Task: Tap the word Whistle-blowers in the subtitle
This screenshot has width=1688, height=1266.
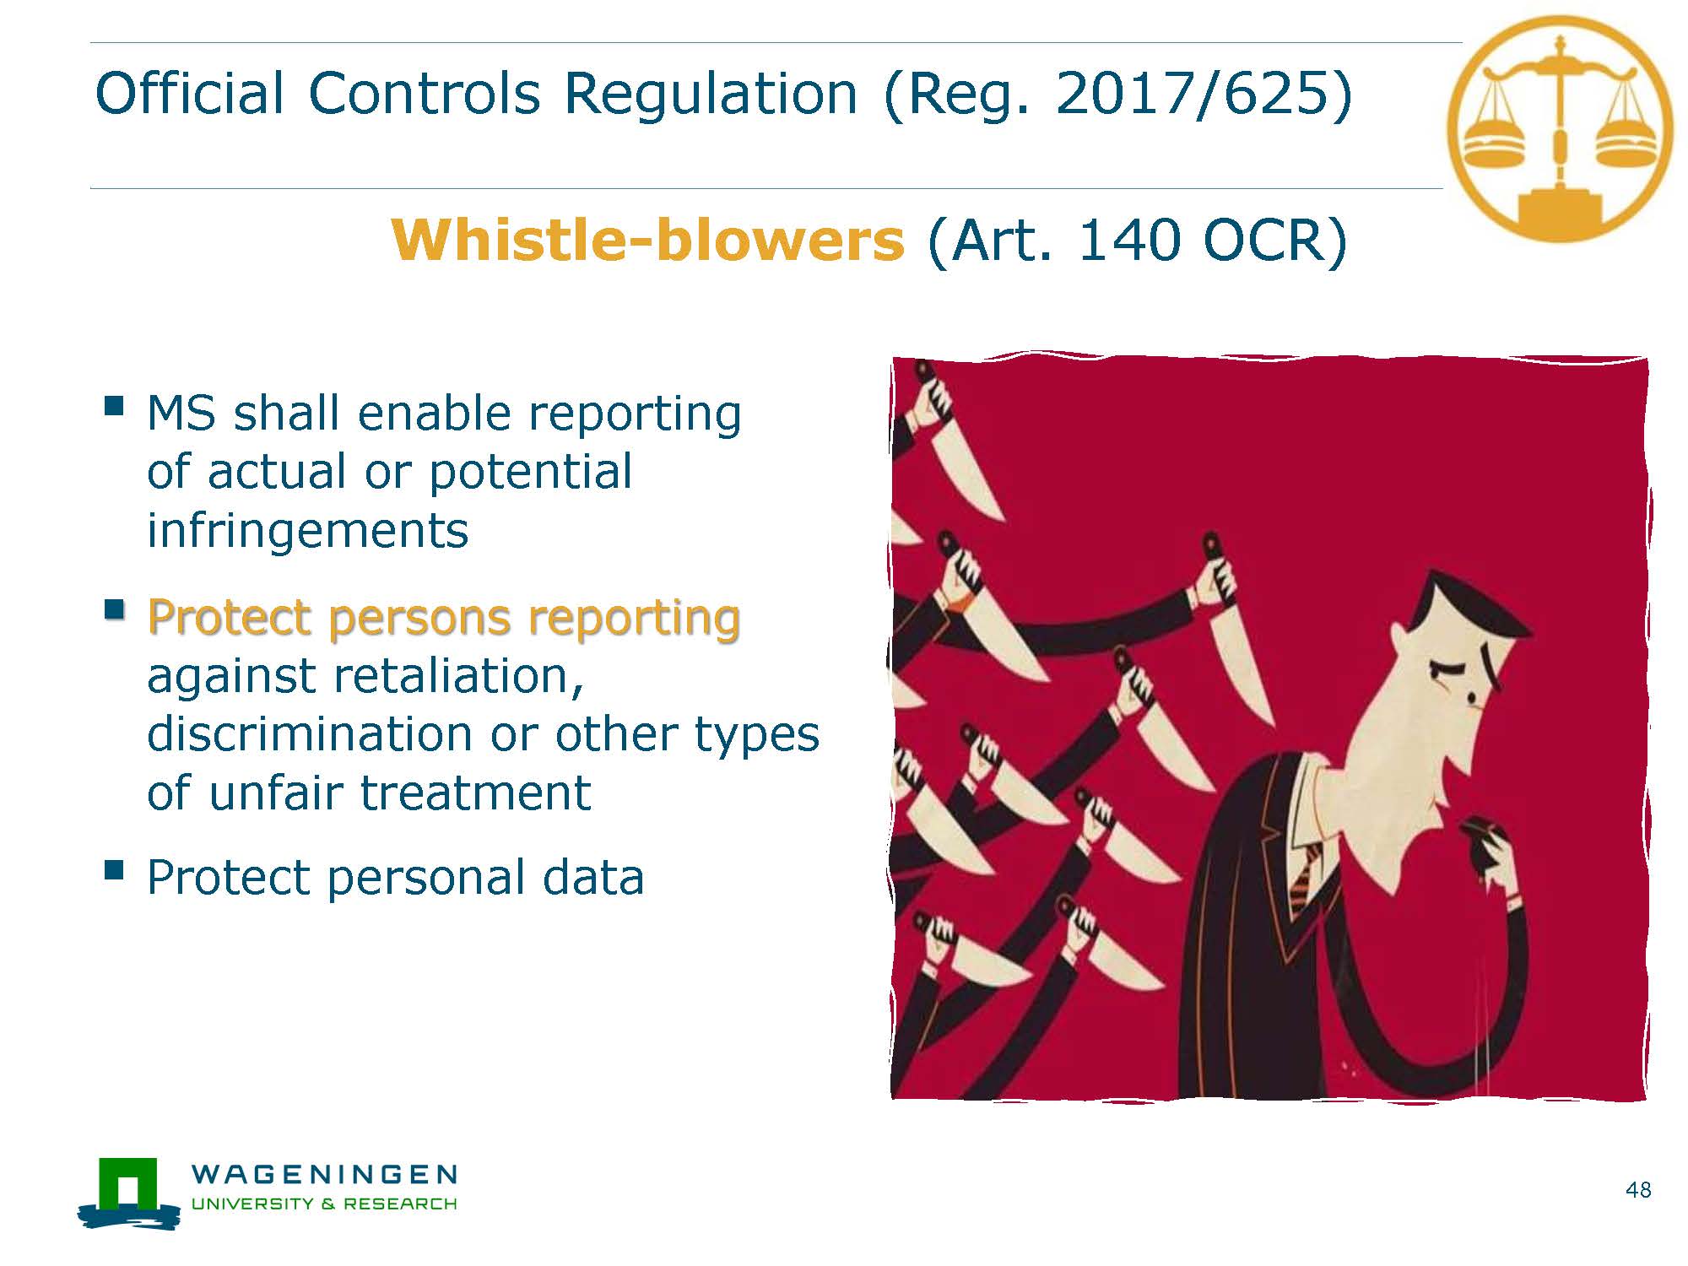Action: pyautogui.click(x=647, y=240)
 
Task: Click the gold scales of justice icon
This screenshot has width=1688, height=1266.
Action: pyautogui.click(x=1560, y=128)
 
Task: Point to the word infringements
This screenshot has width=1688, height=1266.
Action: pyautogui.click(x=307, y=531)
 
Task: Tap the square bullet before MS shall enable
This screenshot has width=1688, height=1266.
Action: pyautogui.click(x=114, y=406)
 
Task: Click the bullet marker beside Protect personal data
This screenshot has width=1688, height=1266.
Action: pyautogui.click(x=114, y=870)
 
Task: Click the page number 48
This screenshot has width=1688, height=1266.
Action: pyautogui.click(x=1638, y=1190)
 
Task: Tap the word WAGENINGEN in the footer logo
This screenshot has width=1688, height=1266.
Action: pyautogui.click(x=325, y=1174)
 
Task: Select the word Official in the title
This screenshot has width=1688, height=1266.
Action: pyautogui.click(x=190, y=93)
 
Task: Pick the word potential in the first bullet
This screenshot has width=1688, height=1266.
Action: pyautogui.click(x=531, y=473)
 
